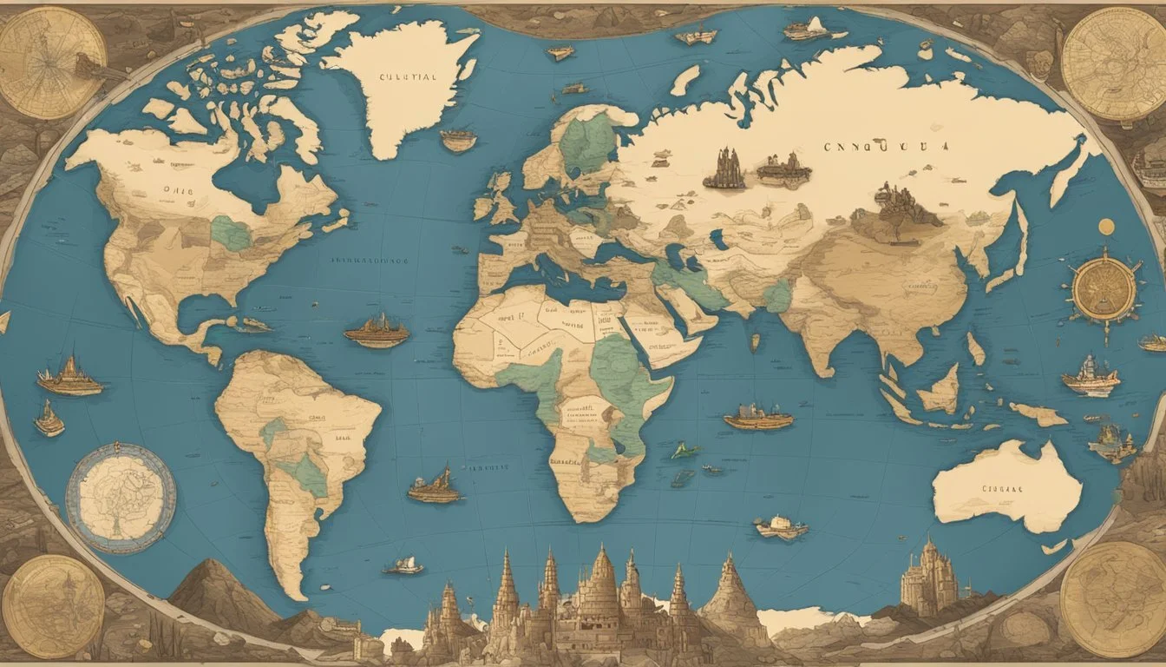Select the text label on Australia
tap(1003, 488)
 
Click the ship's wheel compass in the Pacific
tap(1104, 290)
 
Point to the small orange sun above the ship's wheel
tap(1106, 227)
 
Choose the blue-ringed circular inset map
tap(121, 498)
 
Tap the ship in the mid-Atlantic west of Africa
tap(377, 331)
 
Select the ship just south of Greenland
tap(458, 140)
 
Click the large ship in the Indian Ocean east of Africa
tap(758, 418)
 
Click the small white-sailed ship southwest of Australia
tap(781, 526)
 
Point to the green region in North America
tap(231, 233)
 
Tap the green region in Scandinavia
tap(587, 142)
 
